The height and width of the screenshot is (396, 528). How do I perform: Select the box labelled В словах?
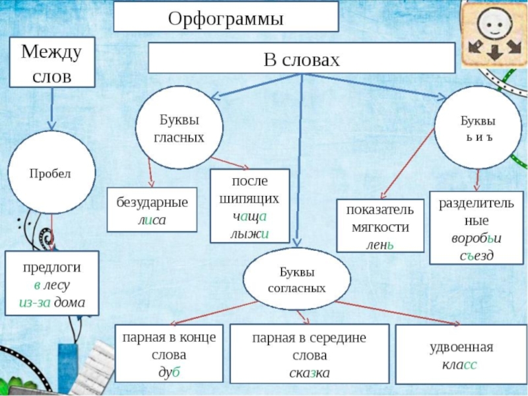pos(301,59)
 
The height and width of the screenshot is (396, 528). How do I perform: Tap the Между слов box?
pos(51,62)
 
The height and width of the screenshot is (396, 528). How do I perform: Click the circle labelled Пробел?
pos(50,174)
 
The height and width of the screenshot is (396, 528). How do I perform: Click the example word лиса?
pos(152,220)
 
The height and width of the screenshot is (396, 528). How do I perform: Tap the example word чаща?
pos(249,216)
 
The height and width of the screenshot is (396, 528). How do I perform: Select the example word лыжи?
pos(249,233)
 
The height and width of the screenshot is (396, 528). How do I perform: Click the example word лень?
pos(379,244)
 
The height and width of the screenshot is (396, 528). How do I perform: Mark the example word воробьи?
pos(476,238)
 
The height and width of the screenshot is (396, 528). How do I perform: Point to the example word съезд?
pos(476,254)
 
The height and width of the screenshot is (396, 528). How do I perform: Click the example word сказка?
pos(309,373)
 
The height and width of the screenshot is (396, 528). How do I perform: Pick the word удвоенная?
pos(459,347)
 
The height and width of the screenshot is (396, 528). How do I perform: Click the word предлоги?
pos(51,268)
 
